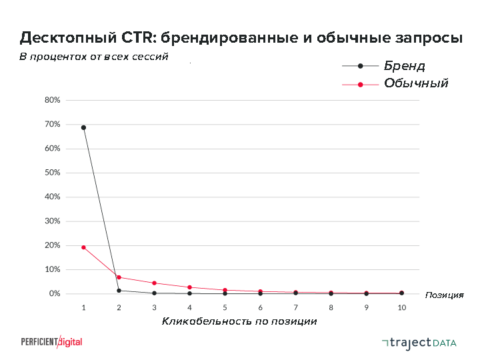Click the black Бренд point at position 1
pyautogui.click(x=83, y=127)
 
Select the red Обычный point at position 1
pyautogui.click(x=83, y=247)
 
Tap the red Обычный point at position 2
pyautogui.click(x=119, y=277)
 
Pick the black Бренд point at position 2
pyautogui.click(x=119, y=291)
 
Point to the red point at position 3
pyautogui.click(x=154, y=283)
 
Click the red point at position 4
pyautogui.click(x=189, y=287)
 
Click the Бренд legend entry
pyautogui.click(x=404, y=66)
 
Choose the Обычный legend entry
pyautogui.click(x=415, y=84)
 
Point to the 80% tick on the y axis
pyautogui.click(x=53, y=100)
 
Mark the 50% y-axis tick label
pyautogui.click(x=53, y=173)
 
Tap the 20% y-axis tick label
pyautogui.click(x=53, y=245)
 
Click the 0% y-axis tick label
pyautogui.click(x=55, y=294)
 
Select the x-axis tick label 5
pyautogui.click(x=225, y=308)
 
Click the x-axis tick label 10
pyautogui.click(x=401, y=308)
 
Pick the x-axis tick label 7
pyautogui.click(x=295, y=308)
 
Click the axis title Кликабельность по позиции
pyautogui.click(x=239, y=322)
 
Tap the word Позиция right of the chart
pyautogui.click(x=444, y=295)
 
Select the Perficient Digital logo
pyautogui.click(x=51, y=341)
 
